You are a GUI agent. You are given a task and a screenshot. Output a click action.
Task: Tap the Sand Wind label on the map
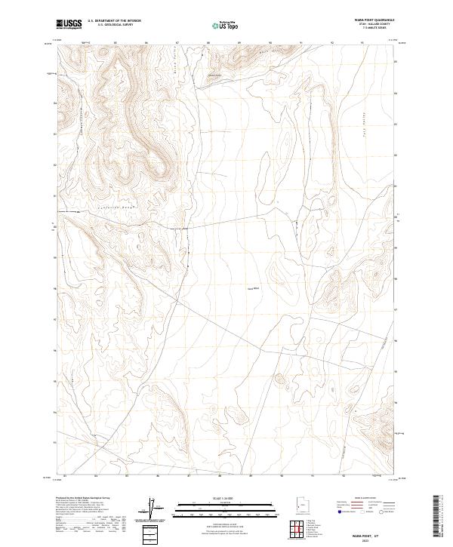coord(253,287)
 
